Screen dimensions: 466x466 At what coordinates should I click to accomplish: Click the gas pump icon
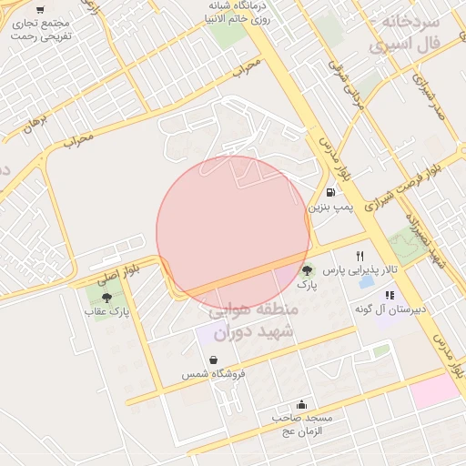(x=329, y=192)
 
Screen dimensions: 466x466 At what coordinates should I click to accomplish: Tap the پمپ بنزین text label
(x=329, y=208)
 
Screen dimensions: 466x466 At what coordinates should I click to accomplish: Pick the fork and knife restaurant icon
(x=360, y=256)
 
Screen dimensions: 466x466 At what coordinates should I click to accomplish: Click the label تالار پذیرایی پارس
(x=362, y=271)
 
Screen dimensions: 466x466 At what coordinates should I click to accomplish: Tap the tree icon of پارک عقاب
(x=106, y=297)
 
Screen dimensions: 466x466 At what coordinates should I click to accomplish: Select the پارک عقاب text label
(x=107, y=311)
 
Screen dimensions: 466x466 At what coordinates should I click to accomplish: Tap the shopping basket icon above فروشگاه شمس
(x=213, y=360)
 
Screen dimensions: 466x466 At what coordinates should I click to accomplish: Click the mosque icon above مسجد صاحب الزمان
(x=301, y=404)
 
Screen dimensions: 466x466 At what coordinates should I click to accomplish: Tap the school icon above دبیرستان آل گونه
(x=390, y=295)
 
